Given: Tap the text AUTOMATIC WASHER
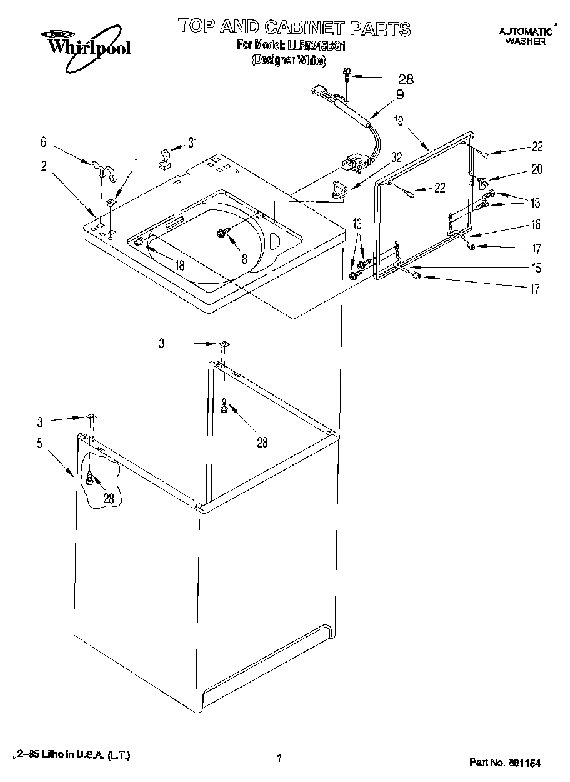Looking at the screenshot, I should tap(525, 36).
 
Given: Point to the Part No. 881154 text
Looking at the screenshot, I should tap(504, 763).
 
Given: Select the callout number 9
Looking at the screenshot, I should tap(399, 95).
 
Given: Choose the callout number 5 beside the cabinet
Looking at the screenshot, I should tap(39, 443).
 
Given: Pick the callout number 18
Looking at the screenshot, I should tap(179, 264).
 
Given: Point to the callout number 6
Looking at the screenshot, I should tap(43, 143).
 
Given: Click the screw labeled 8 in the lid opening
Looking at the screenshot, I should tap(222, 233).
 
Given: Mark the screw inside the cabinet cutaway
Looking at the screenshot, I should tap(91, 479).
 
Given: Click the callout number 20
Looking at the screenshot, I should tap(537, 169).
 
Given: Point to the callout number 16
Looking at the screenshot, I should tap(536, 225).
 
